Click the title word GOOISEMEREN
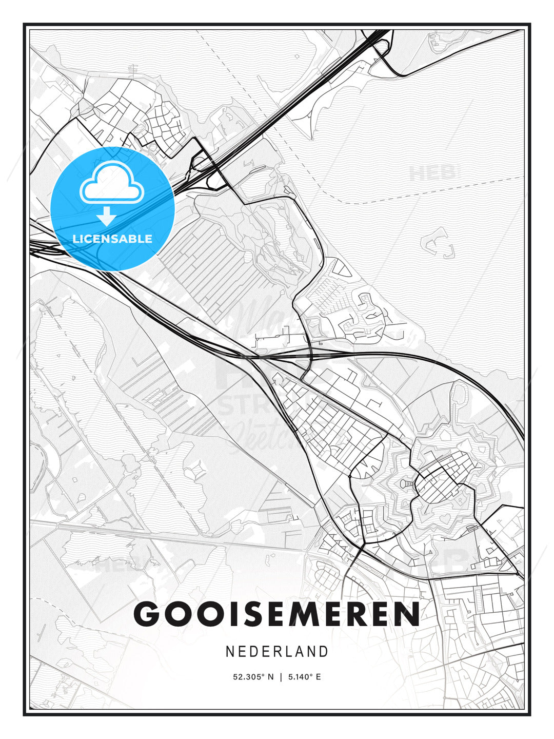coord(277,613)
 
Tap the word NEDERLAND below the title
coord(277,652)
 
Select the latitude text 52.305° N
coord(253,677)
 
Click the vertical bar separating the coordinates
coord(280,677)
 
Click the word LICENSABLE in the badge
coord(112,239)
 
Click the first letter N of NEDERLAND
coord(229,652)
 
